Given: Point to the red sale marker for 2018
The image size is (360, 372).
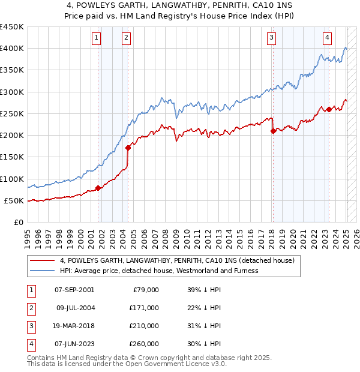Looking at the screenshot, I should click(x=274, y=131).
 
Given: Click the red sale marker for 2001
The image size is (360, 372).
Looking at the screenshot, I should click(x=98, y=188).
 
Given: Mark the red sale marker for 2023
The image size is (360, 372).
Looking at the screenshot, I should click(x=329, y=109).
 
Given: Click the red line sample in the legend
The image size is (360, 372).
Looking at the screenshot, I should click(x=42, y=261).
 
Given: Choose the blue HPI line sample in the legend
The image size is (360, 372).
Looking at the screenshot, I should click(x=42, y=271).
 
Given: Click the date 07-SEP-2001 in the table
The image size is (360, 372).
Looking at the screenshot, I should click(x=74, y=290).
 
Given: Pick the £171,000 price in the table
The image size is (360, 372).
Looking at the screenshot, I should click(x=143, y=308).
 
